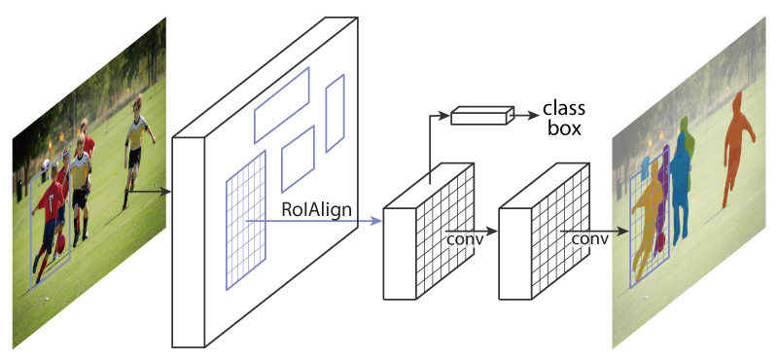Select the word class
(x=563, y=106)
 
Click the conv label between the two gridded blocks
(x=465, y=237)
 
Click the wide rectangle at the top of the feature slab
(x=281, y=105)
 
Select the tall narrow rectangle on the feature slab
(x=335, y=114)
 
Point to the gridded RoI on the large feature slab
(x=246, y=221)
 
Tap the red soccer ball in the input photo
(x=59, y=240)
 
